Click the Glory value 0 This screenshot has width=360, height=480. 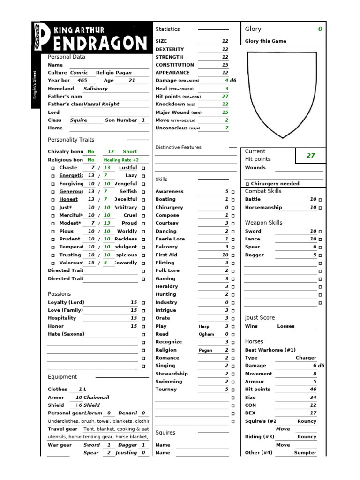click(320, 29)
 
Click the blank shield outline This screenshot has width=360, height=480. click(283, 94)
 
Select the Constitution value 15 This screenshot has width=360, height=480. click(225, 65)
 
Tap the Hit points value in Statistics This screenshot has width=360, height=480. click(225, 96)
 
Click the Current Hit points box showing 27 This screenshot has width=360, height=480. click(310, 155)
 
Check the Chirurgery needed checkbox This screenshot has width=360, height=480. click(247, 184)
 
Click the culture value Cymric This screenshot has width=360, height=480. click(79, 73)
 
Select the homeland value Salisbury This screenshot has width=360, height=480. click(96, 88)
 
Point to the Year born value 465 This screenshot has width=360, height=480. click(82, 80)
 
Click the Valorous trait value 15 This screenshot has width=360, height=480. click(91, 262)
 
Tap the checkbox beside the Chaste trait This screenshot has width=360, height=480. click(53, 168)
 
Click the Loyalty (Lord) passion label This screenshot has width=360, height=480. click(66, 302)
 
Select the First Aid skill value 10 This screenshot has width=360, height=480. click(225, 255)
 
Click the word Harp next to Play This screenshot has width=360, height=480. click(204, 326)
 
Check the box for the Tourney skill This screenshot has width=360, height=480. click(233, 390)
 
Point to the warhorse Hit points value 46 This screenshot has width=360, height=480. click(313, 389)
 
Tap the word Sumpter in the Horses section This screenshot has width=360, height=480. click(305, 453)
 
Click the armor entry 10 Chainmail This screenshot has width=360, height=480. click(92, 397)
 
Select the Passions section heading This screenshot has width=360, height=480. click(60, 294)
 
